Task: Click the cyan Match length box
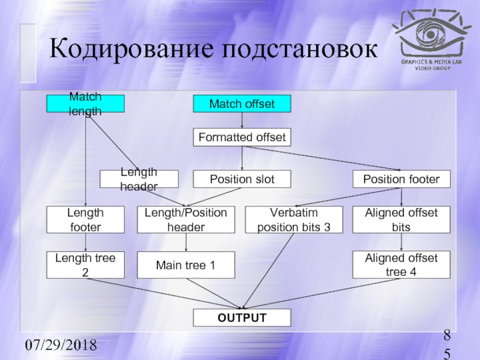86,104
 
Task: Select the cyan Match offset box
241,104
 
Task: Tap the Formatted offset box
241,137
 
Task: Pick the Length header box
139,179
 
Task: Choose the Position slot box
241,179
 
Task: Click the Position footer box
401,179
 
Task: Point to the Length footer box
86,220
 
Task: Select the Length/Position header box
186,220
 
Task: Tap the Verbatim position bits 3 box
294,220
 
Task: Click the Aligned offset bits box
401,220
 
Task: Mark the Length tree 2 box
86,265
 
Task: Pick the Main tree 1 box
186,265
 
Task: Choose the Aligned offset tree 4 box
401,265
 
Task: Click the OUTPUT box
241,317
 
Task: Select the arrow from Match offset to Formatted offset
242,121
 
